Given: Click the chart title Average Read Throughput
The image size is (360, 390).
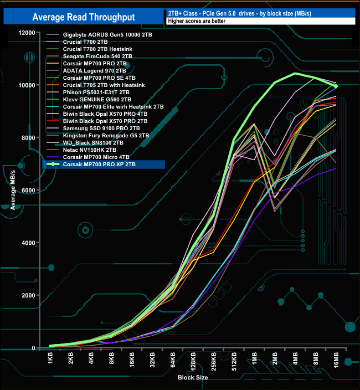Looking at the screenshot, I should [x=83, y=17].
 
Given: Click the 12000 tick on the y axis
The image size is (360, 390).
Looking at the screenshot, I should [x=25, y=33].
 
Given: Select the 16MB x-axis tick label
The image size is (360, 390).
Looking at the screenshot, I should [x=337, y=360].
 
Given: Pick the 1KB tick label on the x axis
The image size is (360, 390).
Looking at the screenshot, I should [x=51, y=358].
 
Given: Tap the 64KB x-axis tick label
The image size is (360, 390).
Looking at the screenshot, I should [x=173, y=360].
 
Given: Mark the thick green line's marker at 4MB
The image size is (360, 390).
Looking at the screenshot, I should [x=296, y=74].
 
